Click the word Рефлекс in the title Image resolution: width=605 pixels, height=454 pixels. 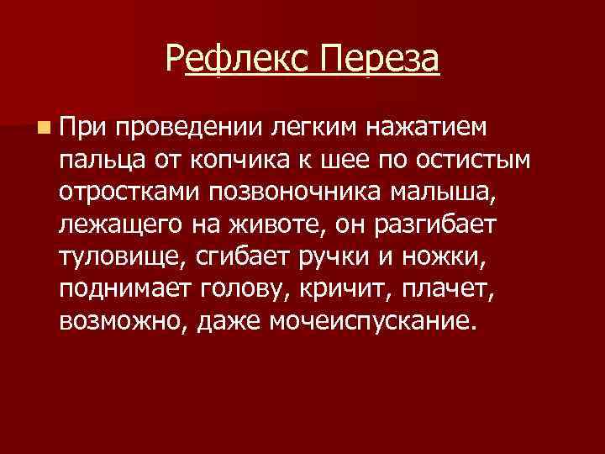click(x=237, y=59)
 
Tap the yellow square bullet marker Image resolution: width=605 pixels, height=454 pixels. click(x=42, y=128)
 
